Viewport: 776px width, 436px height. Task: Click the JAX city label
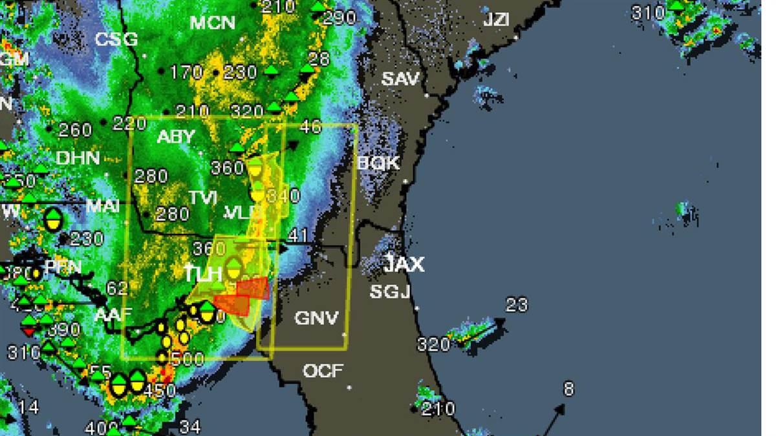click(x=404, y=264)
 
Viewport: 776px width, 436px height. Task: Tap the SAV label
click(x=400, y=79)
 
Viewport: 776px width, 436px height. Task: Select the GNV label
click(x=316, y=318)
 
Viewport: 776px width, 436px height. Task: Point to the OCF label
click(x=323, y=371)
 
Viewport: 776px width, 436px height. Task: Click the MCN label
click(x=213, y=23)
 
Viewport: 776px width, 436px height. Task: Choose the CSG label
click(x=116, y=39)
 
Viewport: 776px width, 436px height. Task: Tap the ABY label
click(x=175, y=137)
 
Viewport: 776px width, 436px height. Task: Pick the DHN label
click(x=78, y=158)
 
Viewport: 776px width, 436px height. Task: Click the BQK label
click(x=378, y=163)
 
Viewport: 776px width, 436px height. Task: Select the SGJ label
click(x=390, y=292)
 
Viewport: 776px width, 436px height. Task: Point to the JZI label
click(x=496, y=20)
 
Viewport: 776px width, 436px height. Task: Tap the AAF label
click(x=113, y=315)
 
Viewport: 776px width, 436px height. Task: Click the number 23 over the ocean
click(x=516, y=304)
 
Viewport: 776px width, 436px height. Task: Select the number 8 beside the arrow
click(x=568, y=389)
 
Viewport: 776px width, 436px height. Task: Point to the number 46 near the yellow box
click(x=310, y=126)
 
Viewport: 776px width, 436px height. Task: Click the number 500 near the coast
click(x=189, y=359)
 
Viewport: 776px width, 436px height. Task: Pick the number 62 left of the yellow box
click(x=117, y=288)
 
